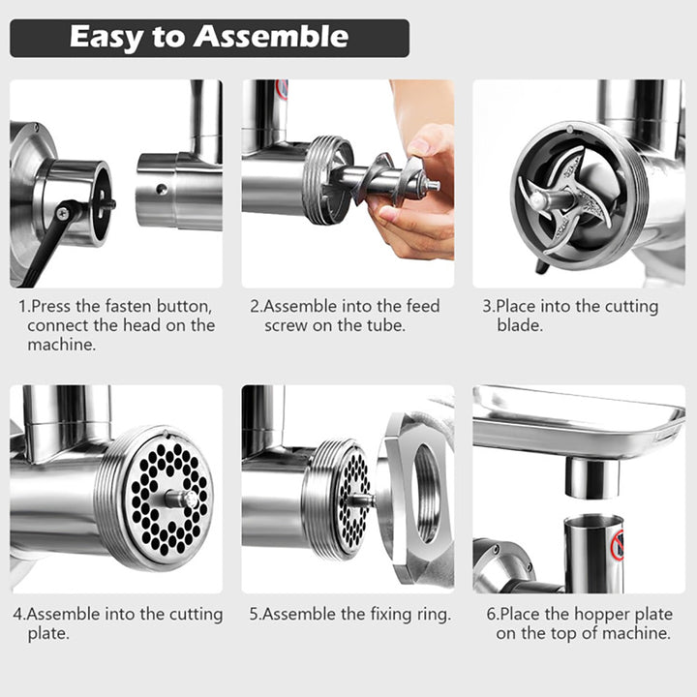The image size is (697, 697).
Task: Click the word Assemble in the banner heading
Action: (x=271, y=37)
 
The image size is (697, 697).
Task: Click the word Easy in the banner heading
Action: (x=106, y=38)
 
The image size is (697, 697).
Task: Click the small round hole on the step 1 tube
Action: (x=162, y=189)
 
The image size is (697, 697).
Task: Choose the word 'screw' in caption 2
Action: (x=286, y=326)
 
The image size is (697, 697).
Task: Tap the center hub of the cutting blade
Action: (x=539, y=199)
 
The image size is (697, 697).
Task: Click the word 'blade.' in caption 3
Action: (x=520, y=325)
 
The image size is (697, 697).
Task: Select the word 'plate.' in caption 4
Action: (x=48, y=634)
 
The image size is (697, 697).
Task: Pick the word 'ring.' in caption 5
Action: (x=434, y=615)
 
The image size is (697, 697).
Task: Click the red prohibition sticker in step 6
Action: (x=618, y=545)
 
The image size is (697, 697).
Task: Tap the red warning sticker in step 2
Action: (x=282, y=90)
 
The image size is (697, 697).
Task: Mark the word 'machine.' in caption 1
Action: (x=62, y=345)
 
